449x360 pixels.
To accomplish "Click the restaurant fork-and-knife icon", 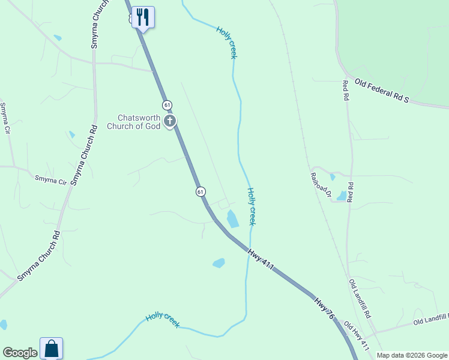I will (x=143, y=16).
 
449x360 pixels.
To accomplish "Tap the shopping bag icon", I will (x=51, y=348).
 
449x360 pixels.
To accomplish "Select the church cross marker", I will (x=170, y=122).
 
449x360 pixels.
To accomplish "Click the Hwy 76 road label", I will (x=324, y=308).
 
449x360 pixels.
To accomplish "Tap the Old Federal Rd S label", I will (x=381, y=91).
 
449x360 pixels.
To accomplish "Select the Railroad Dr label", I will (x=321, y=184).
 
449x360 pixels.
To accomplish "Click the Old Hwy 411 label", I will (x=356, y=335).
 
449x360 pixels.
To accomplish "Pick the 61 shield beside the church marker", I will (x=167, y=104).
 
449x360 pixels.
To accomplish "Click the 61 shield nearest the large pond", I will (x=200, y=191).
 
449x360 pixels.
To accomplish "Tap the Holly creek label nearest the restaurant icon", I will (x=226, y=42).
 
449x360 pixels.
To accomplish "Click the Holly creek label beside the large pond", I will (x=252, y=206).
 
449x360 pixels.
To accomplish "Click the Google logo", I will (x=20, y=353).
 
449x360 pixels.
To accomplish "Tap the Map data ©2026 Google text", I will (x=412, y=355).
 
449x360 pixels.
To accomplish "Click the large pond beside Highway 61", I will (x=232, y=218).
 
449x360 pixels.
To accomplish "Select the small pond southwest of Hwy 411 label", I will (x=218, y=263).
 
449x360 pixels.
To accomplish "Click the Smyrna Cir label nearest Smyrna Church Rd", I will (x=50, y=179).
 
